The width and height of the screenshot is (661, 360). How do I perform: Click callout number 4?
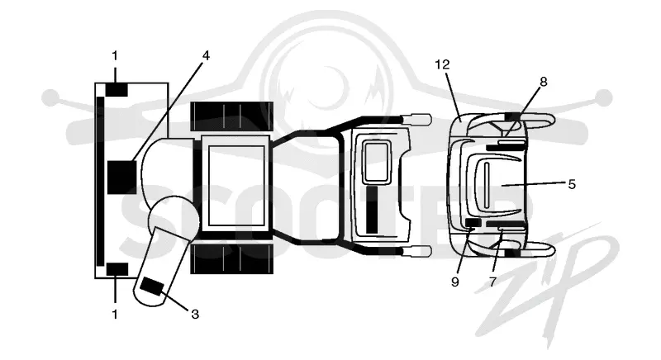[x=206, y=55]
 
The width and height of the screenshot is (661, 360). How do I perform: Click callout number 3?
[x=195, y=314]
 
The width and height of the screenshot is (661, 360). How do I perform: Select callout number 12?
[x=442, y=64]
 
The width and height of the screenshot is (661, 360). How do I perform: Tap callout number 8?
[x=544, y=82]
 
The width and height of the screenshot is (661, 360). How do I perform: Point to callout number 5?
[x=572, y=184]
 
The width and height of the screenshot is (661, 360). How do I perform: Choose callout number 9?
[x=455, y=282]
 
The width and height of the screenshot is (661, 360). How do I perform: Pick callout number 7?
[x=492, y=282]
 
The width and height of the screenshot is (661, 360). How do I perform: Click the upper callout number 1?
[x=115, y=55]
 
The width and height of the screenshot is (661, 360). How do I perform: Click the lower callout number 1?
[x=115, y=314]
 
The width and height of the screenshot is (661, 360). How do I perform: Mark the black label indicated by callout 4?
[x=121, y=178]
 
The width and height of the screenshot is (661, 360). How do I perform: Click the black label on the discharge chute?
[x=152, y=287]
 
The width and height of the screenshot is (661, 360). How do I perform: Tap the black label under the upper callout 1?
[x=117, y=90]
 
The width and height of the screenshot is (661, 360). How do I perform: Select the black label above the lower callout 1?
[x=117, y=269]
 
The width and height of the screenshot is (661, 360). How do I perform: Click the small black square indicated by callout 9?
[x=473, y=223]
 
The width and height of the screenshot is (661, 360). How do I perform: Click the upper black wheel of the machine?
[x=231, y=116]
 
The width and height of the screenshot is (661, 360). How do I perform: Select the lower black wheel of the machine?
[x=231, y=259]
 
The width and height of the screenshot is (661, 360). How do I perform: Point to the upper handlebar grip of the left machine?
[x=417, y=118]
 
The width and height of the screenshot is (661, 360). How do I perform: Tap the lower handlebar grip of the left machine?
[x=417, y=251]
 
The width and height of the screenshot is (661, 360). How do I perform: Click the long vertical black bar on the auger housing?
[x=100, y=181]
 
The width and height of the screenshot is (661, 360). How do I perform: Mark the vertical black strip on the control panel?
[x=372, y=209]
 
